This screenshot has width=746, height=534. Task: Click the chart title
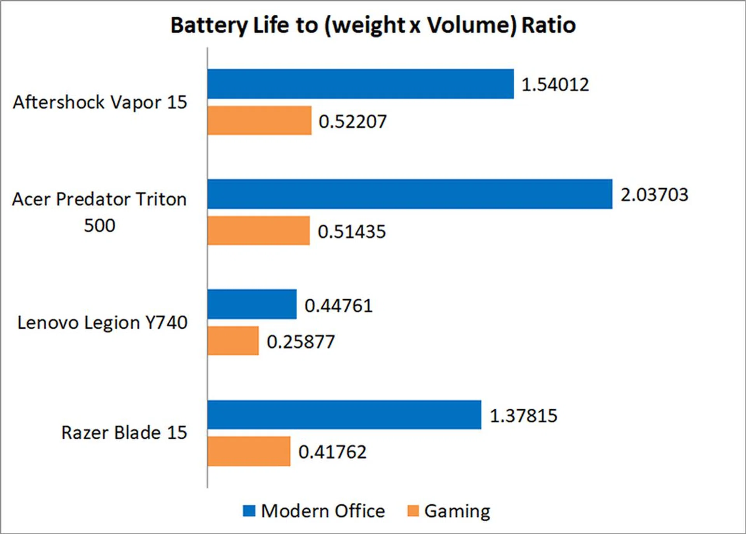pos(373,25)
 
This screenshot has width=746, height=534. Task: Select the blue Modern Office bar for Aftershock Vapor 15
pos(360,84)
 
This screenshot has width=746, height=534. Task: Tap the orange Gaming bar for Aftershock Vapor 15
pos(259,121)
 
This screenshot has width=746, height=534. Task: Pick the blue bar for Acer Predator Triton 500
pos(410,194)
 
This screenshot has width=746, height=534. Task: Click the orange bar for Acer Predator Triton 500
pos(258,231)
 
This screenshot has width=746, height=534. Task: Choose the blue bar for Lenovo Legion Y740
pos(252,304)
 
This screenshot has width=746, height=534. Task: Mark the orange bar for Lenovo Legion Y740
pos(233,341)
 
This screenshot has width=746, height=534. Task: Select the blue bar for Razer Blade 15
pos(344,415)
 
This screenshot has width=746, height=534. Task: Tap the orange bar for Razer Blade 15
pos(249,451)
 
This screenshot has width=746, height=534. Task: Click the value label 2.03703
pos(654,194)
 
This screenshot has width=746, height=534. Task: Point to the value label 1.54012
pos(555,84)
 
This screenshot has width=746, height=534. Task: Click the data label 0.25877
pos(300,342)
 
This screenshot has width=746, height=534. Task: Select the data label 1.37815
pos(523,415)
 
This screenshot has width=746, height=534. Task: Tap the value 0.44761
pos(338,305)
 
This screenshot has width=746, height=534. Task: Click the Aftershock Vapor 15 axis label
pos(100,102)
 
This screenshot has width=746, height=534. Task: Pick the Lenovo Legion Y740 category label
pos(102,322)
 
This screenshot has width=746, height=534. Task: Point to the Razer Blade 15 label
pos(124,432)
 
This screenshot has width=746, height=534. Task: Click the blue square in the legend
pos(249,511)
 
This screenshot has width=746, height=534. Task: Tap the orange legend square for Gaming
pos(413,511)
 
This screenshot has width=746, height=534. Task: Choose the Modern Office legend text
pos(322,511)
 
